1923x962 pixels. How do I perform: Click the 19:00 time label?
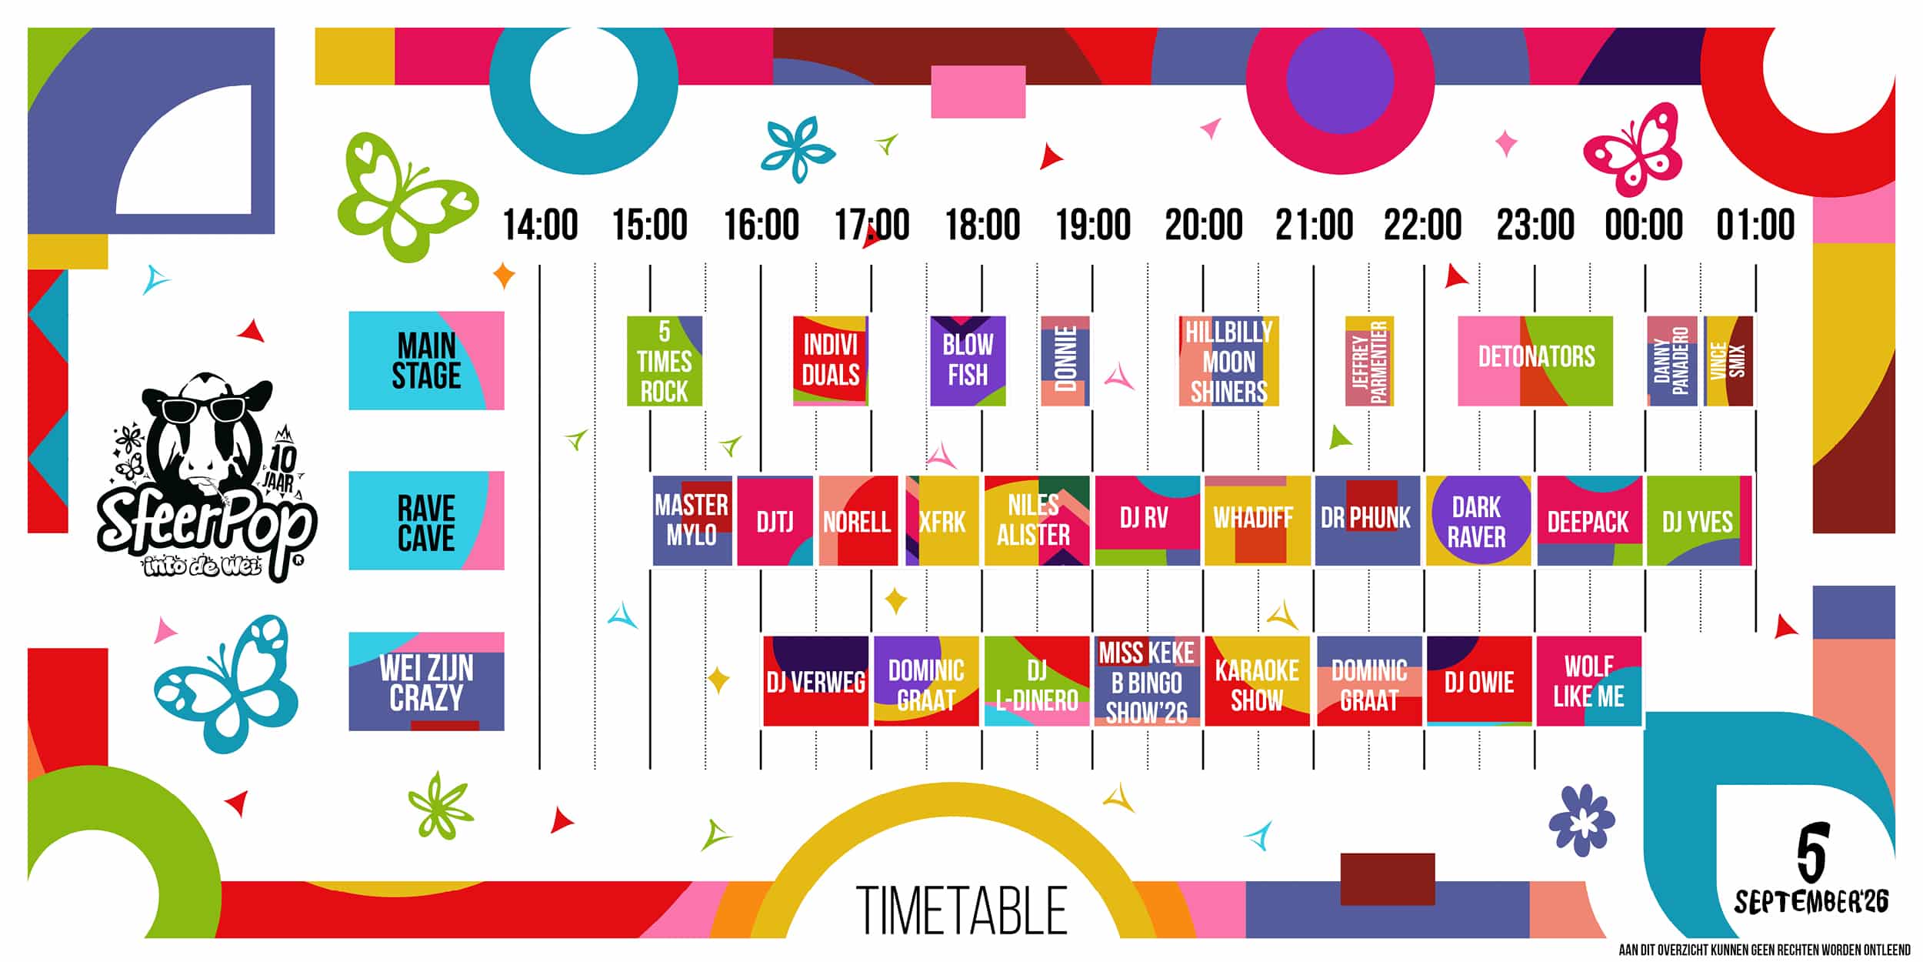(1093, 225)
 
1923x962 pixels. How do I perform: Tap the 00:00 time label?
(1644, 225)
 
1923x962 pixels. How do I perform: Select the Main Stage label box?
(426, 360)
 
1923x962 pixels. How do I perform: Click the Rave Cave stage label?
(426, 520)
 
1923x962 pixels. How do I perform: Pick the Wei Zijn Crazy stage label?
(426, 681)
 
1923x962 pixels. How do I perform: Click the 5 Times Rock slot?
(665, 361)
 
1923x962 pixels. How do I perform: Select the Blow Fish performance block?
(968, 361)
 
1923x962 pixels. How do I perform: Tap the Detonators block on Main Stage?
(1535, 361)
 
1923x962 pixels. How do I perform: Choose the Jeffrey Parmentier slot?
(1369, 361)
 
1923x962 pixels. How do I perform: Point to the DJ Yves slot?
(1699, 521)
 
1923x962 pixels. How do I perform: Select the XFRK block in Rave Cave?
(942, 521)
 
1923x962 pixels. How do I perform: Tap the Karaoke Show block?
(1257, 681)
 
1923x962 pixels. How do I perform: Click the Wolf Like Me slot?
(1589, 681)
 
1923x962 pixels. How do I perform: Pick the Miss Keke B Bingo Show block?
(1147, 681)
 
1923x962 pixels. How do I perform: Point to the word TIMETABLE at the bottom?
(961, 910)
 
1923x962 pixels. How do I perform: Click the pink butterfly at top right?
(1632, 149)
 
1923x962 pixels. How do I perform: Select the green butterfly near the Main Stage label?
(407, 197)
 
